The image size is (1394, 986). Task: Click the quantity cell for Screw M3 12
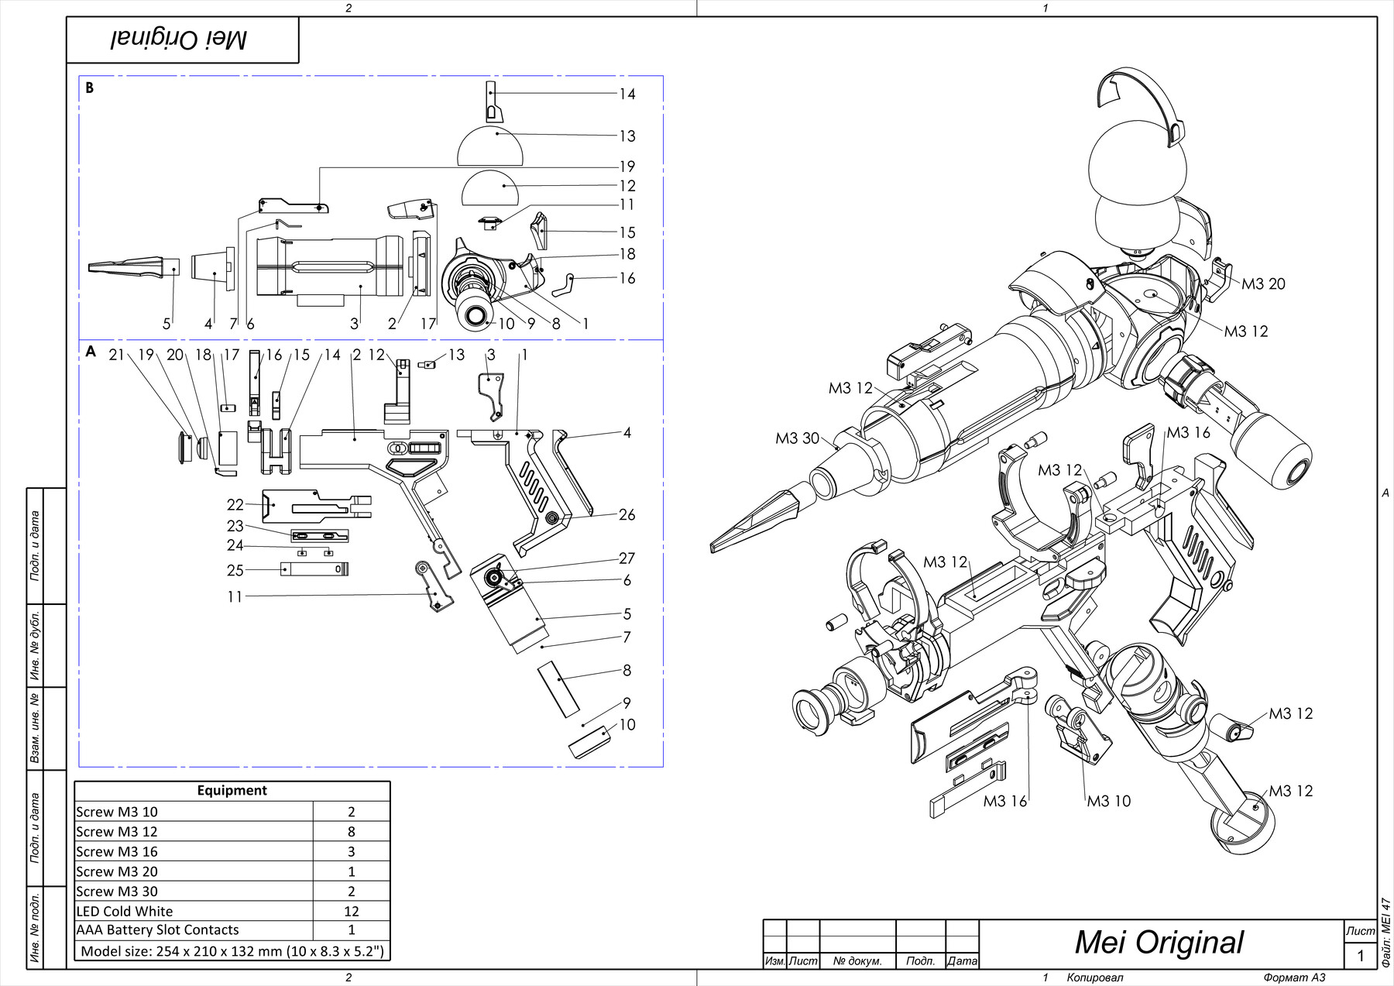coord(351,831)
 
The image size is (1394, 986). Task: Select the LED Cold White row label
coord(125,911)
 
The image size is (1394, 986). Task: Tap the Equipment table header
coord(232,790)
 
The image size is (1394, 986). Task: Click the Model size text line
coord(232,950)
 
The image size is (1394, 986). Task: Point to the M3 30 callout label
coord(797,438)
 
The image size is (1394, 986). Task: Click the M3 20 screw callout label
coord(1263,284)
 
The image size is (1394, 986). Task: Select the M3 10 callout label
coord(1108,801)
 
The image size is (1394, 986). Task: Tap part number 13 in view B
coord(627,136)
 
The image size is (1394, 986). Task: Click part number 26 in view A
coord(627,515)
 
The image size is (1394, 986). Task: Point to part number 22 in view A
coord(235,504)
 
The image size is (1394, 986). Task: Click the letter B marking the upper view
coord(90,88)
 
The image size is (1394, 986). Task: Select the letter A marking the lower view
coord(91,352)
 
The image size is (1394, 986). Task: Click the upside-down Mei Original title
coord(179,40)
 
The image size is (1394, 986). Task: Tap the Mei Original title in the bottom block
coord(1159,942)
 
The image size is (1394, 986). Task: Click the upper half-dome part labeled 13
coord(492,147)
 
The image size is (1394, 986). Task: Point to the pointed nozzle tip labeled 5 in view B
coord(128,266)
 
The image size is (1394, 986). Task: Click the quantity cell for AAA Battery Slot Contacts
coord(351,929)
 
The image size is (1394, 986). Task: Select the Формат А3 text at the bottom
coord(1294,977)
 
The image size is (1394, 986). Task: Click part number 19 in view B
coord(627,167)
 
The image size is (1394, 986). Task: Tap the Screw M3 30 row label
coord(117,891)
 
